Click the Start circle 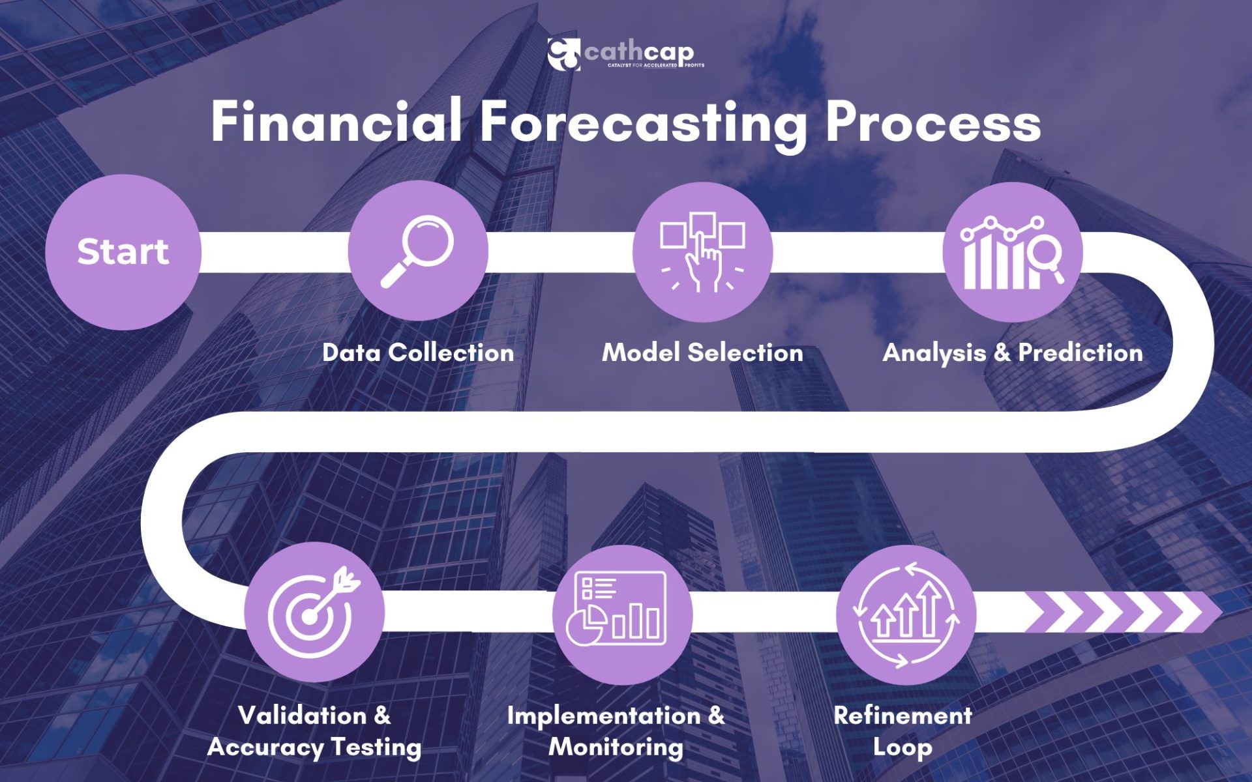pyautogui.click(x=123, y=252)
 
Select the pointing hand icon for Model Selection pyautogui.click(x=702, y=252)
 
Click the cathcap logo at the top pyautogui.click(x=626, y=54)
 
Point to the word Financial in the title pyautogui.click(x=336, y=122)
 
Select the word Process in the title pyautogui.click(x=933, y=123)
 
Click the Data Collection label pyautogui.click(x=418, y=353)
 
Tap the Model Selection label pyautogui.click(x=702, y=353)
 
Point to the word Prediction pyautogui.click(x=1081, y=353)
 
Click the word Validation pyautogui.click(x=303, y=716)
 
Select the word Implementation pyautogui.click(x=604, y=716)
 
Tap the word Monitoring pyautogui.click(x=616, y=747)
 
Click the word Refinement pyautogui.click(x=902, y=716)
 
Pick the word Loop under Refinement pyautogui.click(x=902, y=747)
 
